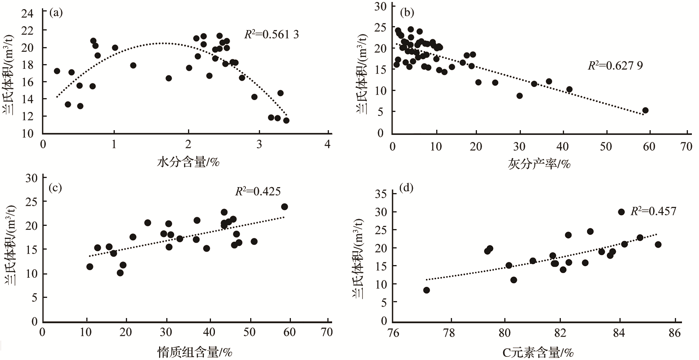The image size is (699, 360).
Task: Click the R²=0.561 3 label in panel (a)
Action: [x=272, y=35]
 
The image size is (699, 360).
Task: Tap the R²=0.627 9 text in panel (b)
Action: [x=615, y=65]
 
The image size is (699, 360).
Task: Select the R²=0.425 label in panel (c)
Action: [x=258, y=192]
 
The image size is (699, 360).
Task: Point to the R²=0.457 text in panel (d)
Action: [x=653, y=211]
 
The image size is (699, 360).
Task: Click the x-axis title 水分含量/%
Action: [x=188, y=162]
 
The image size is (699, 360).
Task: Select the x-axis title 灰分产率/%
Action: [x=539, y=163]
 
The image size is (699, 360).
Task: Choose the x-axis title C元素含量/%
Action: [x=538, y=352]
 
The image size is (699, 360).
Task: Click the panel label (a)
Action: [x=56, y=13]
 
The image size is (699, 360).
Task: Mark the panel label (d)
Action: [x=406, y=188]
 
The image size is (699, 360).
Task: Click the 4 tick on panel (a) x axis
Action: [x=327, y=144]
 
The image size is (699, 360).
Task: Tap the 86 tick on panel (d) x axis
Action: [x=675, y=332]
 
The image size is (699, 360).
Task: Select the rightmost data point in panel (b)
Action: [x=645, y=110]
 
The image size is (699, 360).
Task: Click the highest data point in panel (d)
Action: [x=621, y=212]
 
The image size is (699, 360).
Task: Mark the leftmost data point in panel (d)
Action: [x=426, y=290]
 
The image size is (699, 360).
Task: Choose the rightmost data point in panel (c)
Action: [x=284, y=207]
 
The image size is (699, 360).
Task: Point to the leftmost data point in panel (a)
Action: [x=57, y=71]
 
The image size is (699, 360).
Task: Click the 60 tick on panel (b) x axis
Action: [x=649, y=146]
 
